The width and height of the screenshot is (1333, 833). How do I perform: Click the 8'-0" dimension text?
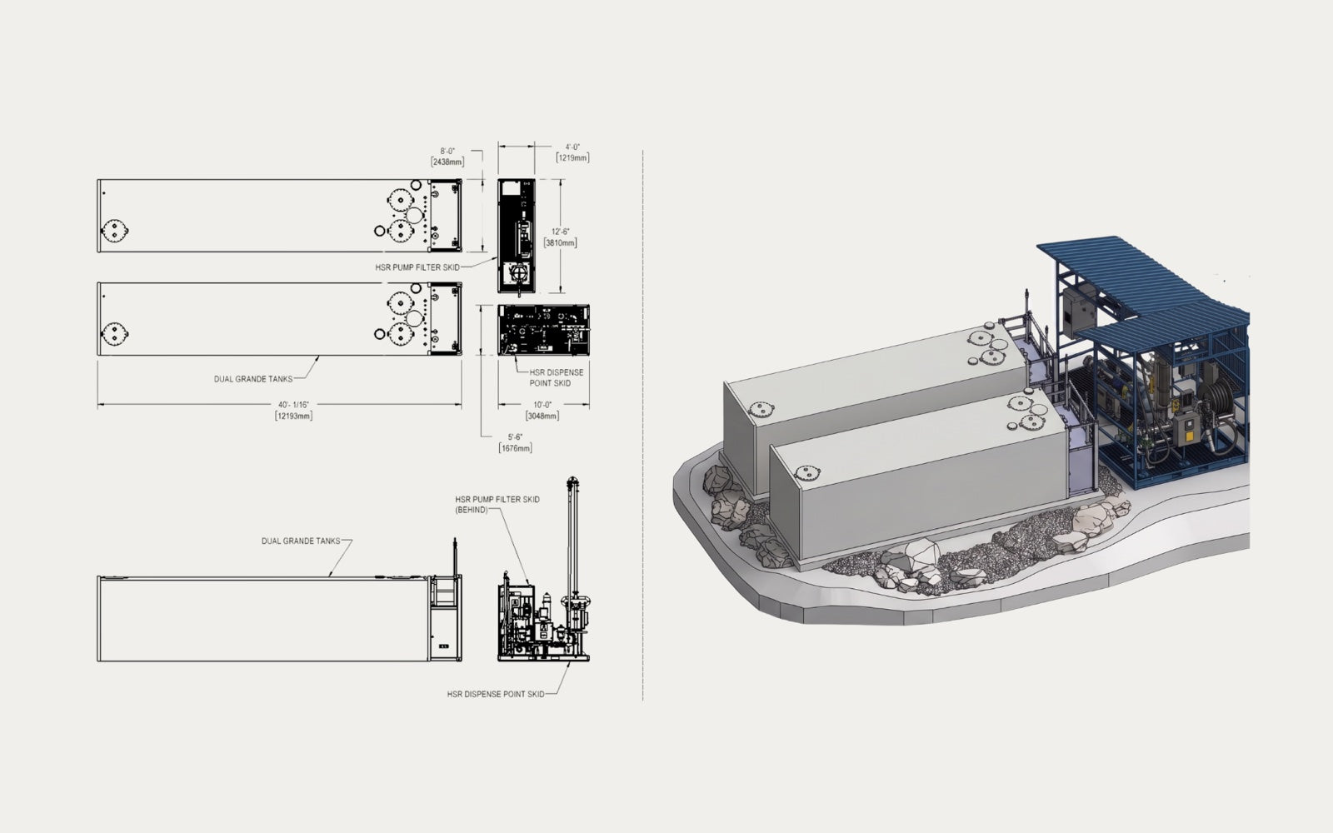(x=447, y=151)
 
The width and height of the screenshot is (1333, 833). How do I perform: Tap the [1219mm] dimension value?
(x=572, y=157)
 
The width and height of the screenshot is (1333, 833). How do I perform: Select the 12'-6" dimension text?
(x=560, y=232)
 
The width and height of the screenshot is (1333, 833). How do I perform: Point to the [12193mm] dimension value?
(x=293, y=416)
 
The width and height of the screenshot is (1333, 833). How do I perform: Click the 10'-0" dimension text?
(x=542, y=405)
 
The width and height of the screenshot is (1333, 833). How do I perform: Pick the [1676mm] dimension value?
(x=516, y=448)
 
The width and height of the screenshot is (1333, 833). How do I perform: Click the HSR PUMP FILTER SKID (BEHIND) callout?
(x=497, y=505)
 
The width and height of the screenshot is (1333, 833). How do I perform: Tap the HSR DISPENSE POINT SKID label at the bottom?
(x=496, y=695)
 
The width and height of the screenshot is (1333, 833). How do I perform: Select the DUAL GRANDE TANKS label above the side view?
(x=301, y=541)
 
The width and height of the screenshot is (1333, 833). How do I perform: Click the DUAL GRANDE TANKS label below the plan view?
(x=253, y=379)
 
